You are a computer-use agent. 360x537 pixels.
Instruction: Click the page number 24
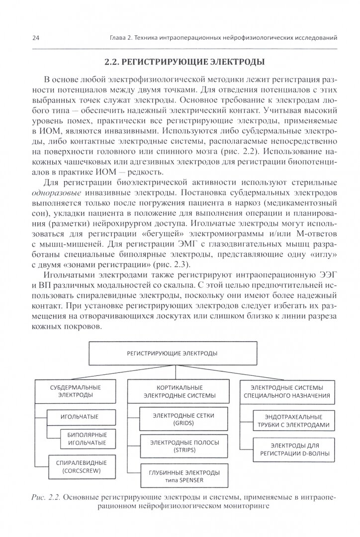click(x=22, y=37)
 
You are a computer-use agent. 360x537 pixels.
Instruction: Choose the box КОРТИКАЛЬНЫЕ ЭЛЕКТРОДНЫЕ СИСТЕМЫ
click(x=179, y=391)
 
